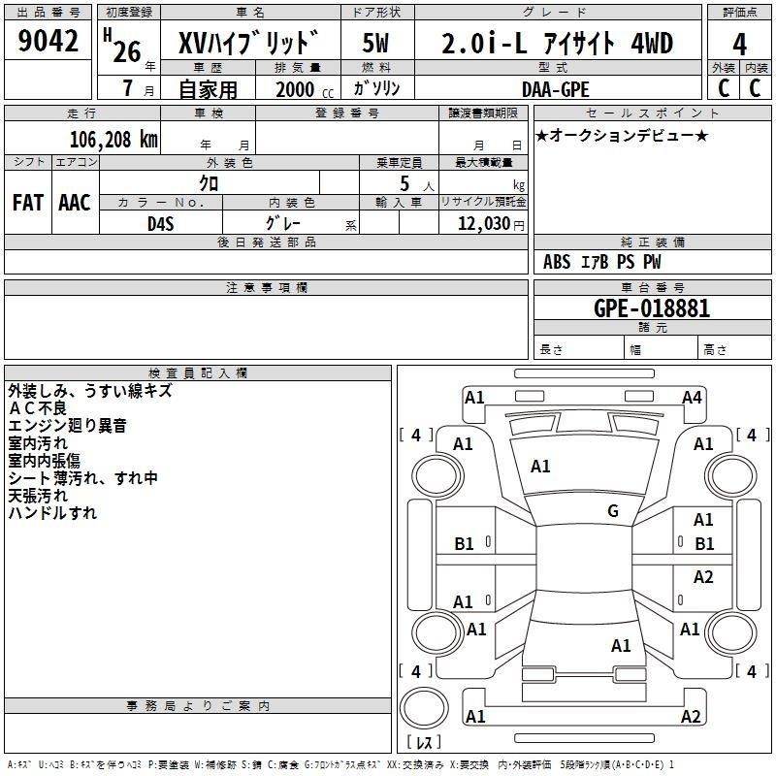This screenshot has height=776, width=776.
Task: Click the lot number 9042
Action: click(x=48, y=41)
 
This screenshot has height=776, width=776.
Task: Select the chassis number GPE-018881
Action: click(x=652, y=308)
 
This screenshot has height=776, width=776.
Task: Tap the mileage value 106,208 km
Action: click(x=113, y=140)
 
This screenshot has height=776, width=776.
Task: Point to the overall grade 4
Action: click(x=739, y=44)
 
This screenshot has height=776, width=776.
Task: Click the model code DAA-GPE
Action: click(x=556, y=89)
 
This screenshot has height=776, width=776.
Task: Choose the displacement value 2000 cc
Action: click(x=305, y=90)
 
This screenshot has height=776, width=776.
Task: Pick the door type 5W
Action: click(x=375, y=43)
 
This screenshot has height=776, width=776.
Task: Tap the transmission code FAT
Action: click(x=28, y=203)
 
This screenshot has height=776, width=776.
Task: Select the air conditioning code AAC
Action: click(x=75, y=203)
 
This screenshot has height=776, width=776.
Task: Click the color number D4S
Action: click(x=161, y=224)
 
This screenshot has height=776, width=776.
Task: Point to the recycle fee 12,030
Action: click(x=484, y=224)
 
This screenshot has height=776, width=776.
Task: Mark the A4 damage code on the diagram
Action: click(x=692, y=398)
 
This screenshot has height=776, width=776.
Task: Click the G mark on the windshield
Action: click(x=613, y=511)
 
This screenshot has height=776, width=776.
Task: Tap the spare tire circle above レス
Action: click(x=424, y=708)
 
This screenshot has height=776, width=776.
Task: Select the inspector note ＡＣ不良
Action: click(x=38, y=408)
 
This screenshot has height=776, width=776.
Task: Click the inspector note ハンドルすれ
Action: click(x=52, y=513)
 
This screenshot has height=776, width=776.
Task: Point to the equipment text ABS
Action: click(x=557, y=262)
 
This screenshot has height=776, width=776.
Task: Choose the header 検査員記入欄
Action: click(x=198, y=373)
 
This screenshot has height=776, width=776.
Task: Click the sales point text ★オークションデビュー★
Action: click(x=622, y=135)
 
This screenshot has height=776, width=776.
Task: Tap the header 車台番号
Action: click(x=653, y=287)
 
